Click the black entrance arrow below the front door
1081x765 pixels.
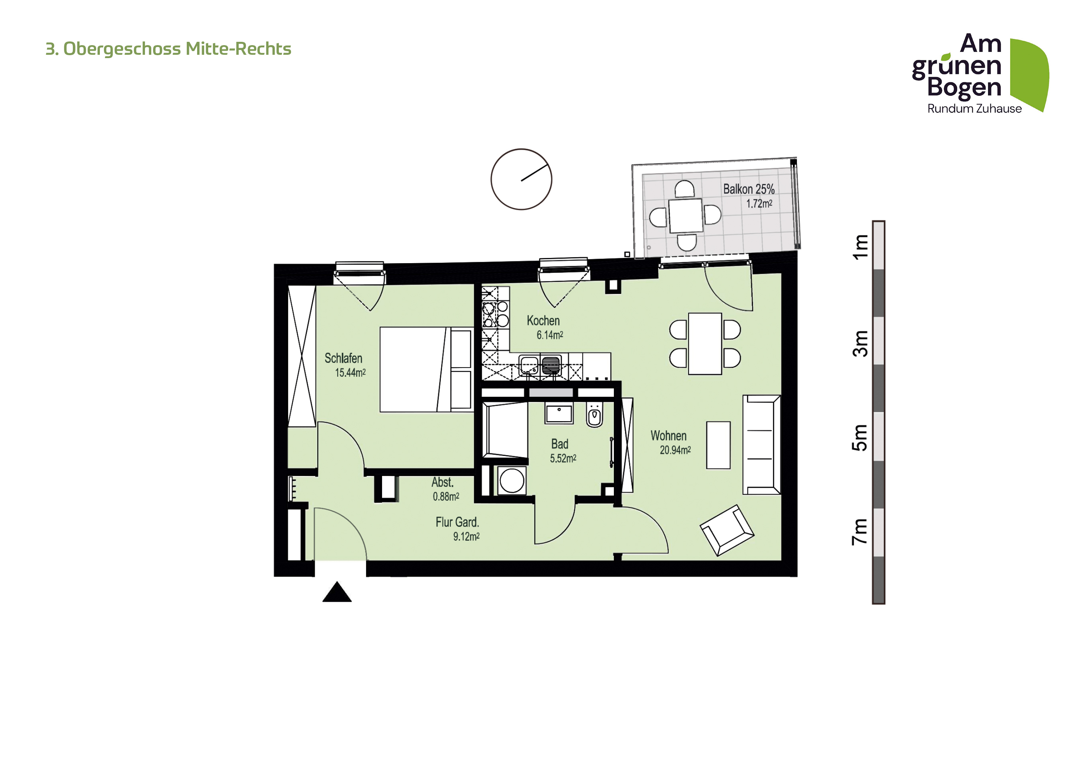pyautogui.click(x=337, y=593)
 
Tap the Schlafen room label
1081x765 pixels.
pyautogui.click(x=343, y=359)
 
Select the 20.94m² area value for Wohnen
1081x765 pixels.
pyautogui.click(x=675, y=450)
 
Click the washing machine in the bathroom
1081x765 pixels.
pyautogui.click(x=512, y=480)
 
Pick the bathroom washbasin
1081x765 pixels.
pyautogui.click(x=559, y=413)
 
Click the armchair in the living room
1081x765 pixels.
pyautogui.click(x=727, y=530)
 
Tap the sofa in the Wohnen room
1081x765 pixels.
pyautogui.click(x=761, y=445)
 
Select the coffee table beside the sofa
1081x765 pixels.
pyautogui.click(x=719, y=445)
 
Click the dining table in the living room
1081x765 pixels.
pyautogui.click(x=705, y=343)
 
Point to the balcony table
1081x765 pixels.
pyautogui.click(x=686, y=216)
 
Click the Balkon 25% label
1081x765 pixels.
pyautogui.click(x=749, y=189)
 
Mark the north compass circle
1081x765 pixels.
pyautogui.click(x=521, y=179)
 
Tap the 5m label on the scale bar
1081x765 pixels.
pyautogui.click(x=861, y=437)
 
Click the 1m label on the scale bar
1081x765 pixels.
pyautogui.click(x=861, y=247)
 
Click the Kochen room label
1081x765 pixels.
pyautogui.click(x=543, y=321)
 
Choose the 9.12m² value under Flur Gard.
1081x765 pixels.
pyautogui.click(x=466, y=537)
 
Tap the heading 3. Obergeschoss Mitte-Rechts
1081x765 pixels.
pyautogui.click(x=168, y=49)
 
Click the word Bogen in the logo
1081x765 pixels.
pyautogui.click(x=964, y=88)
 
